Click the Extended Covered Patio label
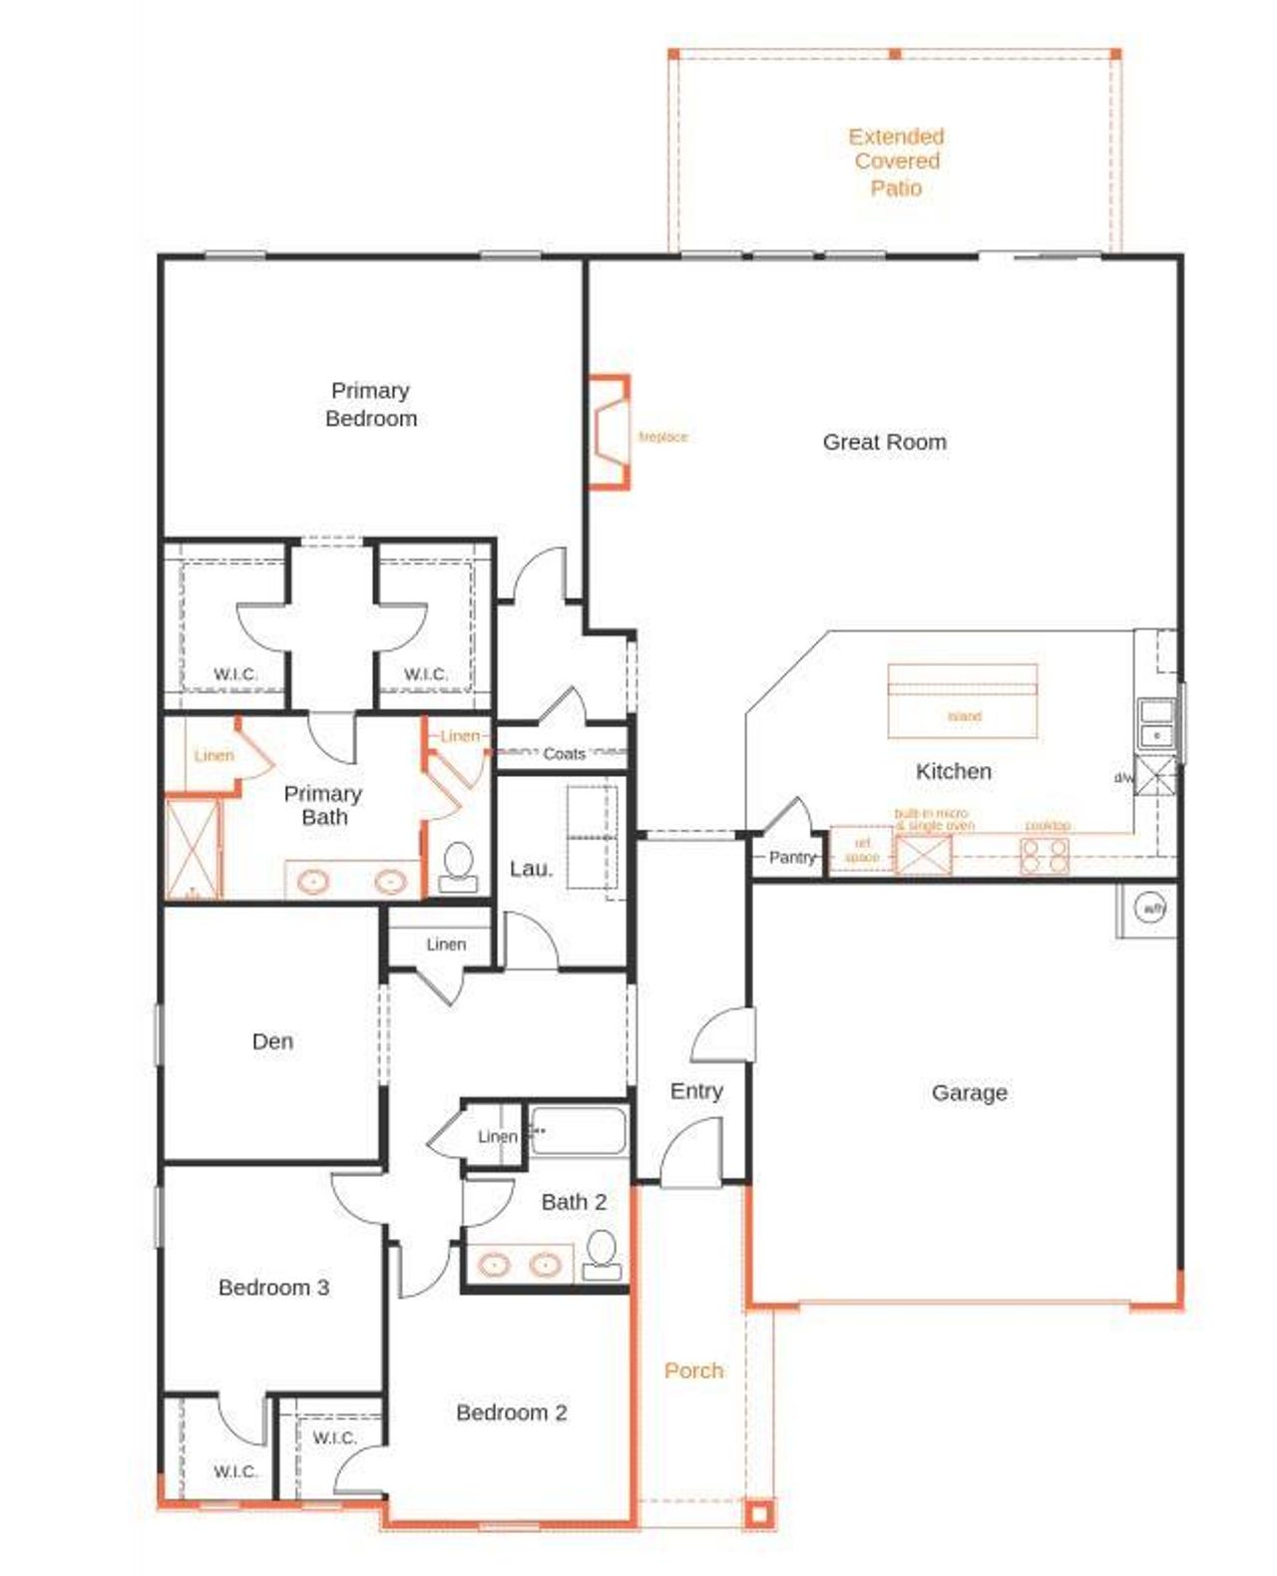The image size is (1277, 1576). (x=896, y=162)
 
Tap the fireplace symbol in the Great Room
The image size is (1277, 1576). (x=610, y=432)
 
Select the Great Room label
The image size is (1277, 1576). (x=884, y=442)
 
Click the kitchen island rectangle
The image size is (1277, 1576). (x=962, y=700)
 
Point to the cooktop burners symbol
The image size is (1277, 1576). (x=1044, y=855)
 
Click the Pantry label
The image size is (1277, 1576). (x=792, y=857)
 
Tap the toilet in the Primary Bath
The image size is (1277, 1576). (x=458, y=866)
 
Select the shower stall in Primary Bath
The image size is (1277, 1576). (x=193, y=848)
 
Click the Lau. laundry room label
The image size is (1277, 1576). (x=531, y=869)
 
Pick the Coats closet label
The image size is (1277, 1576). (x=564, y=754)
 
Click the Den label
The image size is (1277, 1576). (x=272, y=1041)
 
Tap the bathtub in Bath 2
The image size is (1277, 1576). (x=578, y=1131)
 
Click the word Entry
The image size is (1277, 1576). (x=696, y=1091)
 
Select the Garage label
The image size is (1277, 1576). (x=969, y=1093)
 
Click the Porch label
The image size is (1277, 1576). (x=693, y=1371)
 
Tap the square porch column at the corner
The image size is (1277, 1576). (x=758, y=1514)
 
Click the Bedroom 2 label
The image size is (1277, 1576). (x=511, y=1412)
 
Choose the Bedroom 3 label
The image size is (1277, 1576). (x=273, y=1288)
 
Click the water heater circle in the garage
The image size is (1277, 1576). (x=1150, y=908)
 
